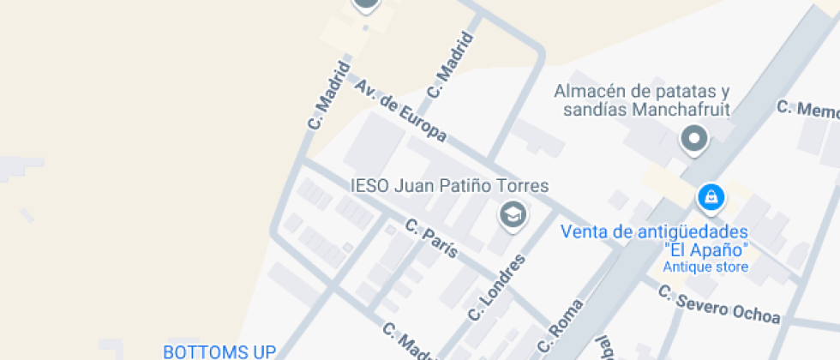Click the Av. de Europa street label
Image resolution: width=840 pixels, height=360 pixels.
[x=400, y=111]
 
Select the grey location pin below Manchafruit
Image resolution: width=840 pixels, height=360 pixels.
[x=693, y=138]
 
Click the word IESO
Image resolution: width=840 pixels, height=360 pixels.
[x=369, y=185]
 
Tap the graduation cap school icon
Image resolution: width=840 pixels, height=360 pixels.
[x=513, y=214]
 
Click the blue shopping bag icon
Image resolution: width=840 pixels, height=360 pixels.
[x=710, y=198]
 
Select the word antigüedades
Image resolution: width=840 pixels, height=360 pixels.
[x=693, y=231]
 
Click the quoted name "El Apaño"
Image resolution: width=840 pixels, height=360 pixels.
[x=706, y=249]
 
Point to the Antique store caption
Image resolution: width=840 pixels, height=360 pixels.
[x=705, y=267]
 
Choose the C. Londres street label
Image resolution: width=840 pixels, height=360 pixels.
[x=495, y=287]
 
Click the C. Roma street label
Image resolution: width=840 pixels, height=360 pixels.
[x=561, y=327]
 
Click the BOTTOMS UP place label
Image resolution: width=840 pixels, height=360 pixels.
[x=219, y=351]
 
